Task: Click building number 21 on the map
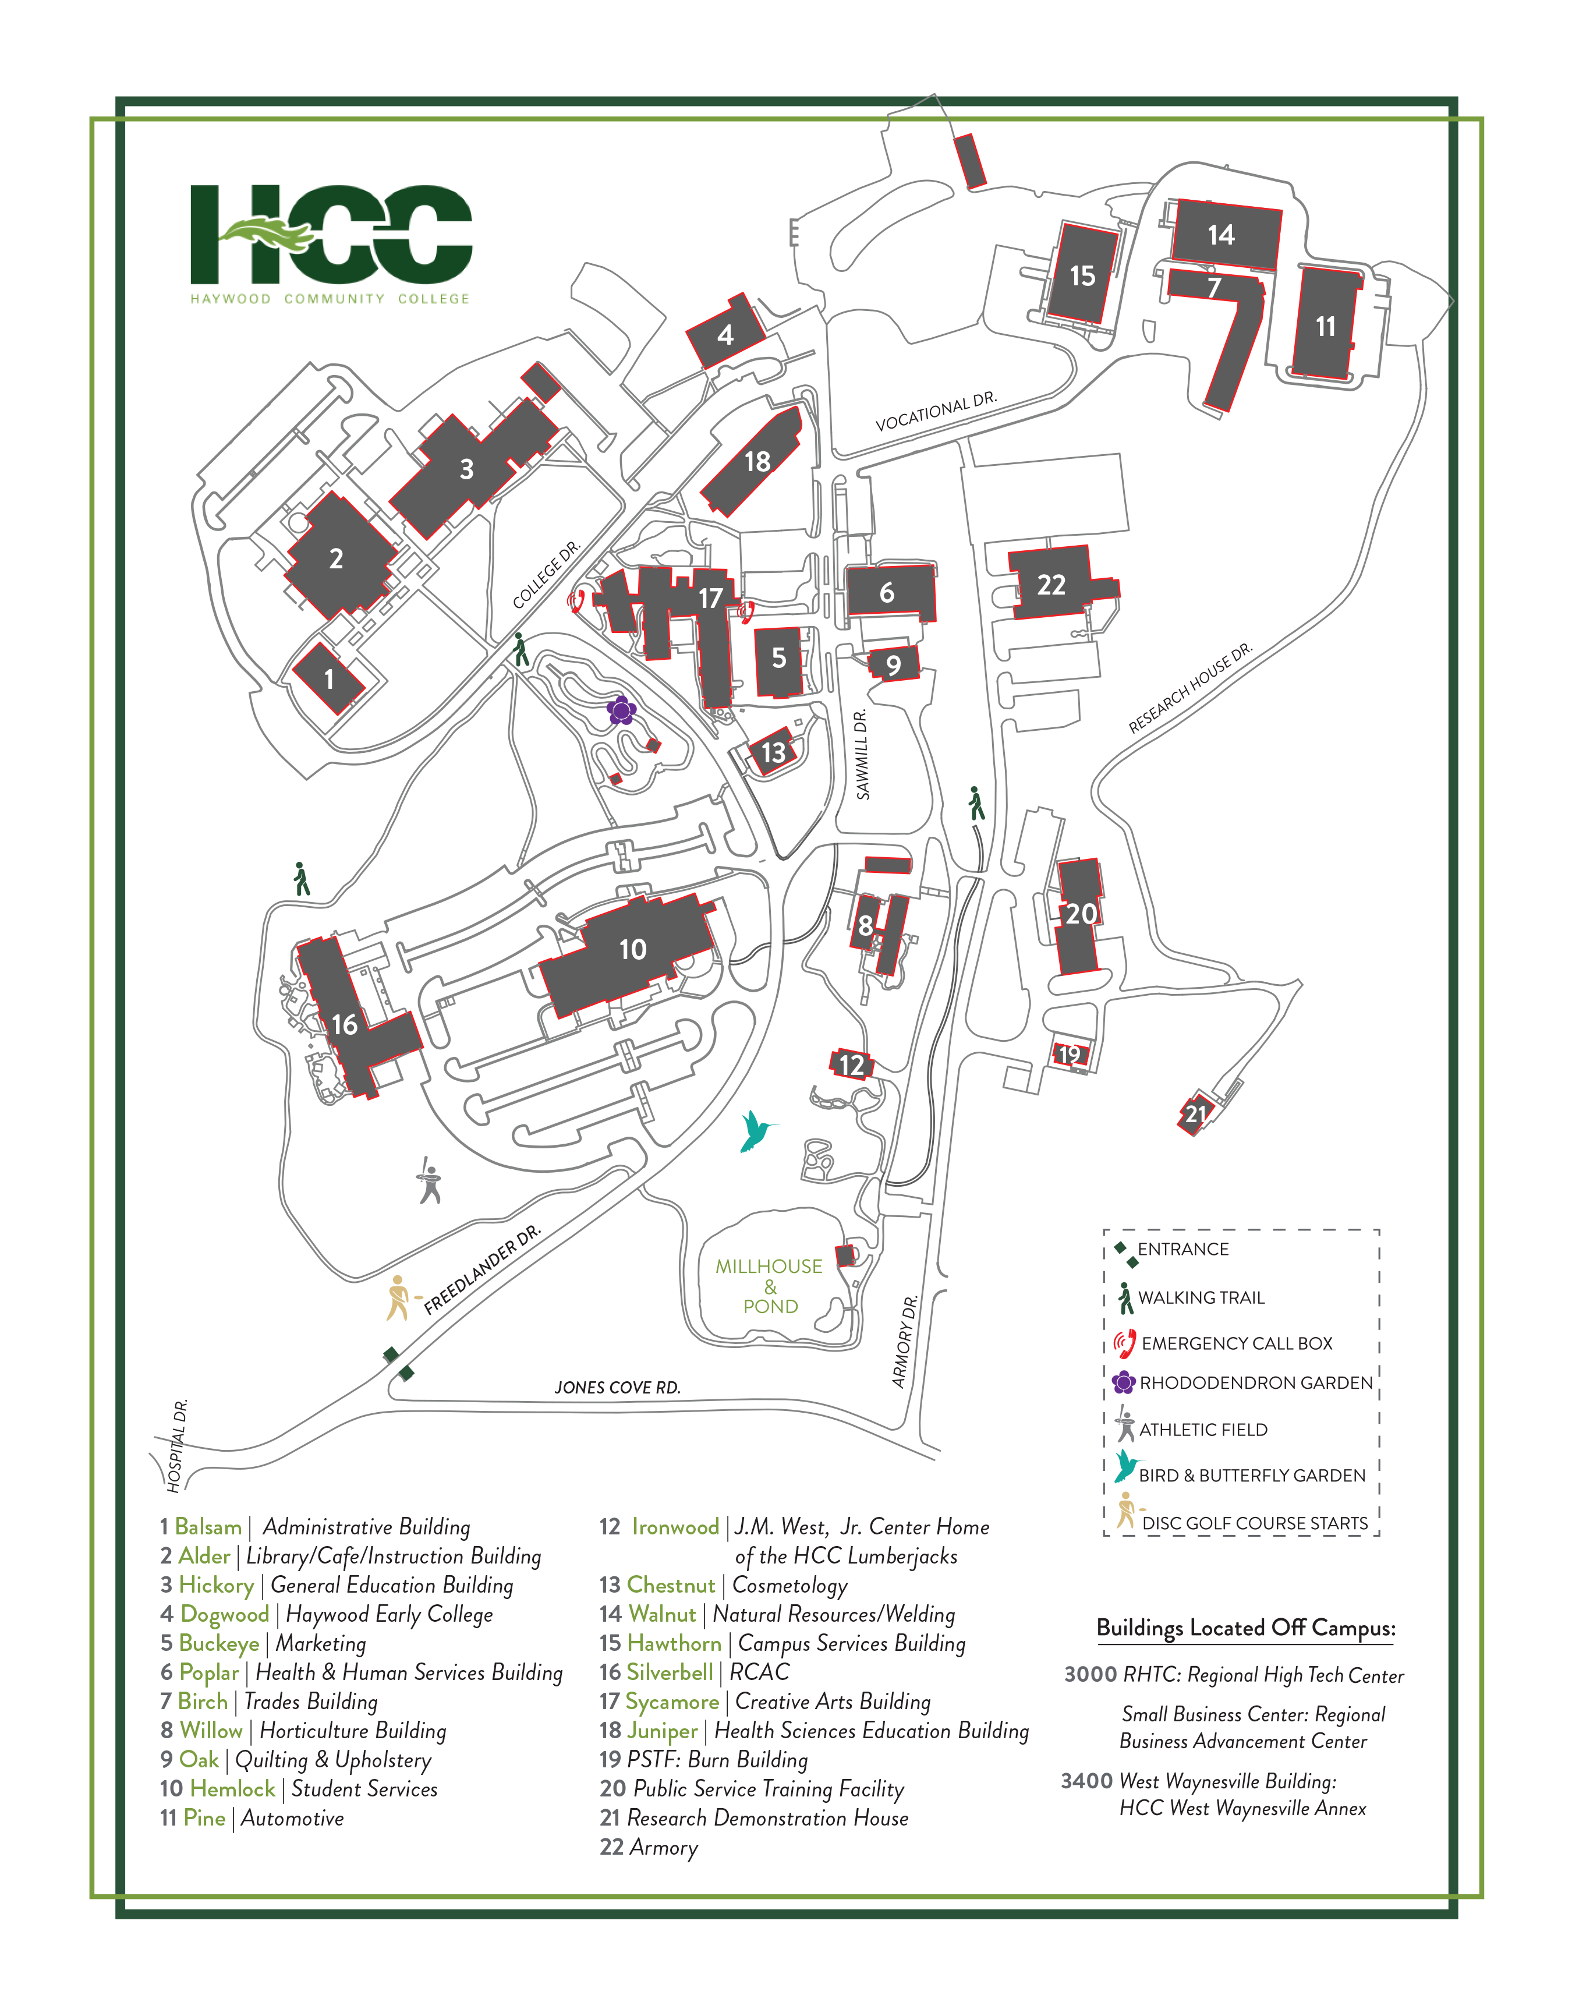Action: point(1195,1115)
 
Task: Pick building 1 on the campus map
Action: point(328,679)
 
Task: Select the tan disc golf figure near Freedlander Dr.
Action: point(398,1297)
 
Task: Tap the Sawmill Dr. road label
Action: point(862,755)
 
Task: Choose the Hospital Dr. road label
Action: point(178,1445)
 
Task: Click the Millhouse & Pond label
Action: point(770,1286)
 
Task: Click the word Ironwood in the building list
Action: point(675,1527)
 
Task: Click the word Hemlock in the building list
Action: point(232,1788)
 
